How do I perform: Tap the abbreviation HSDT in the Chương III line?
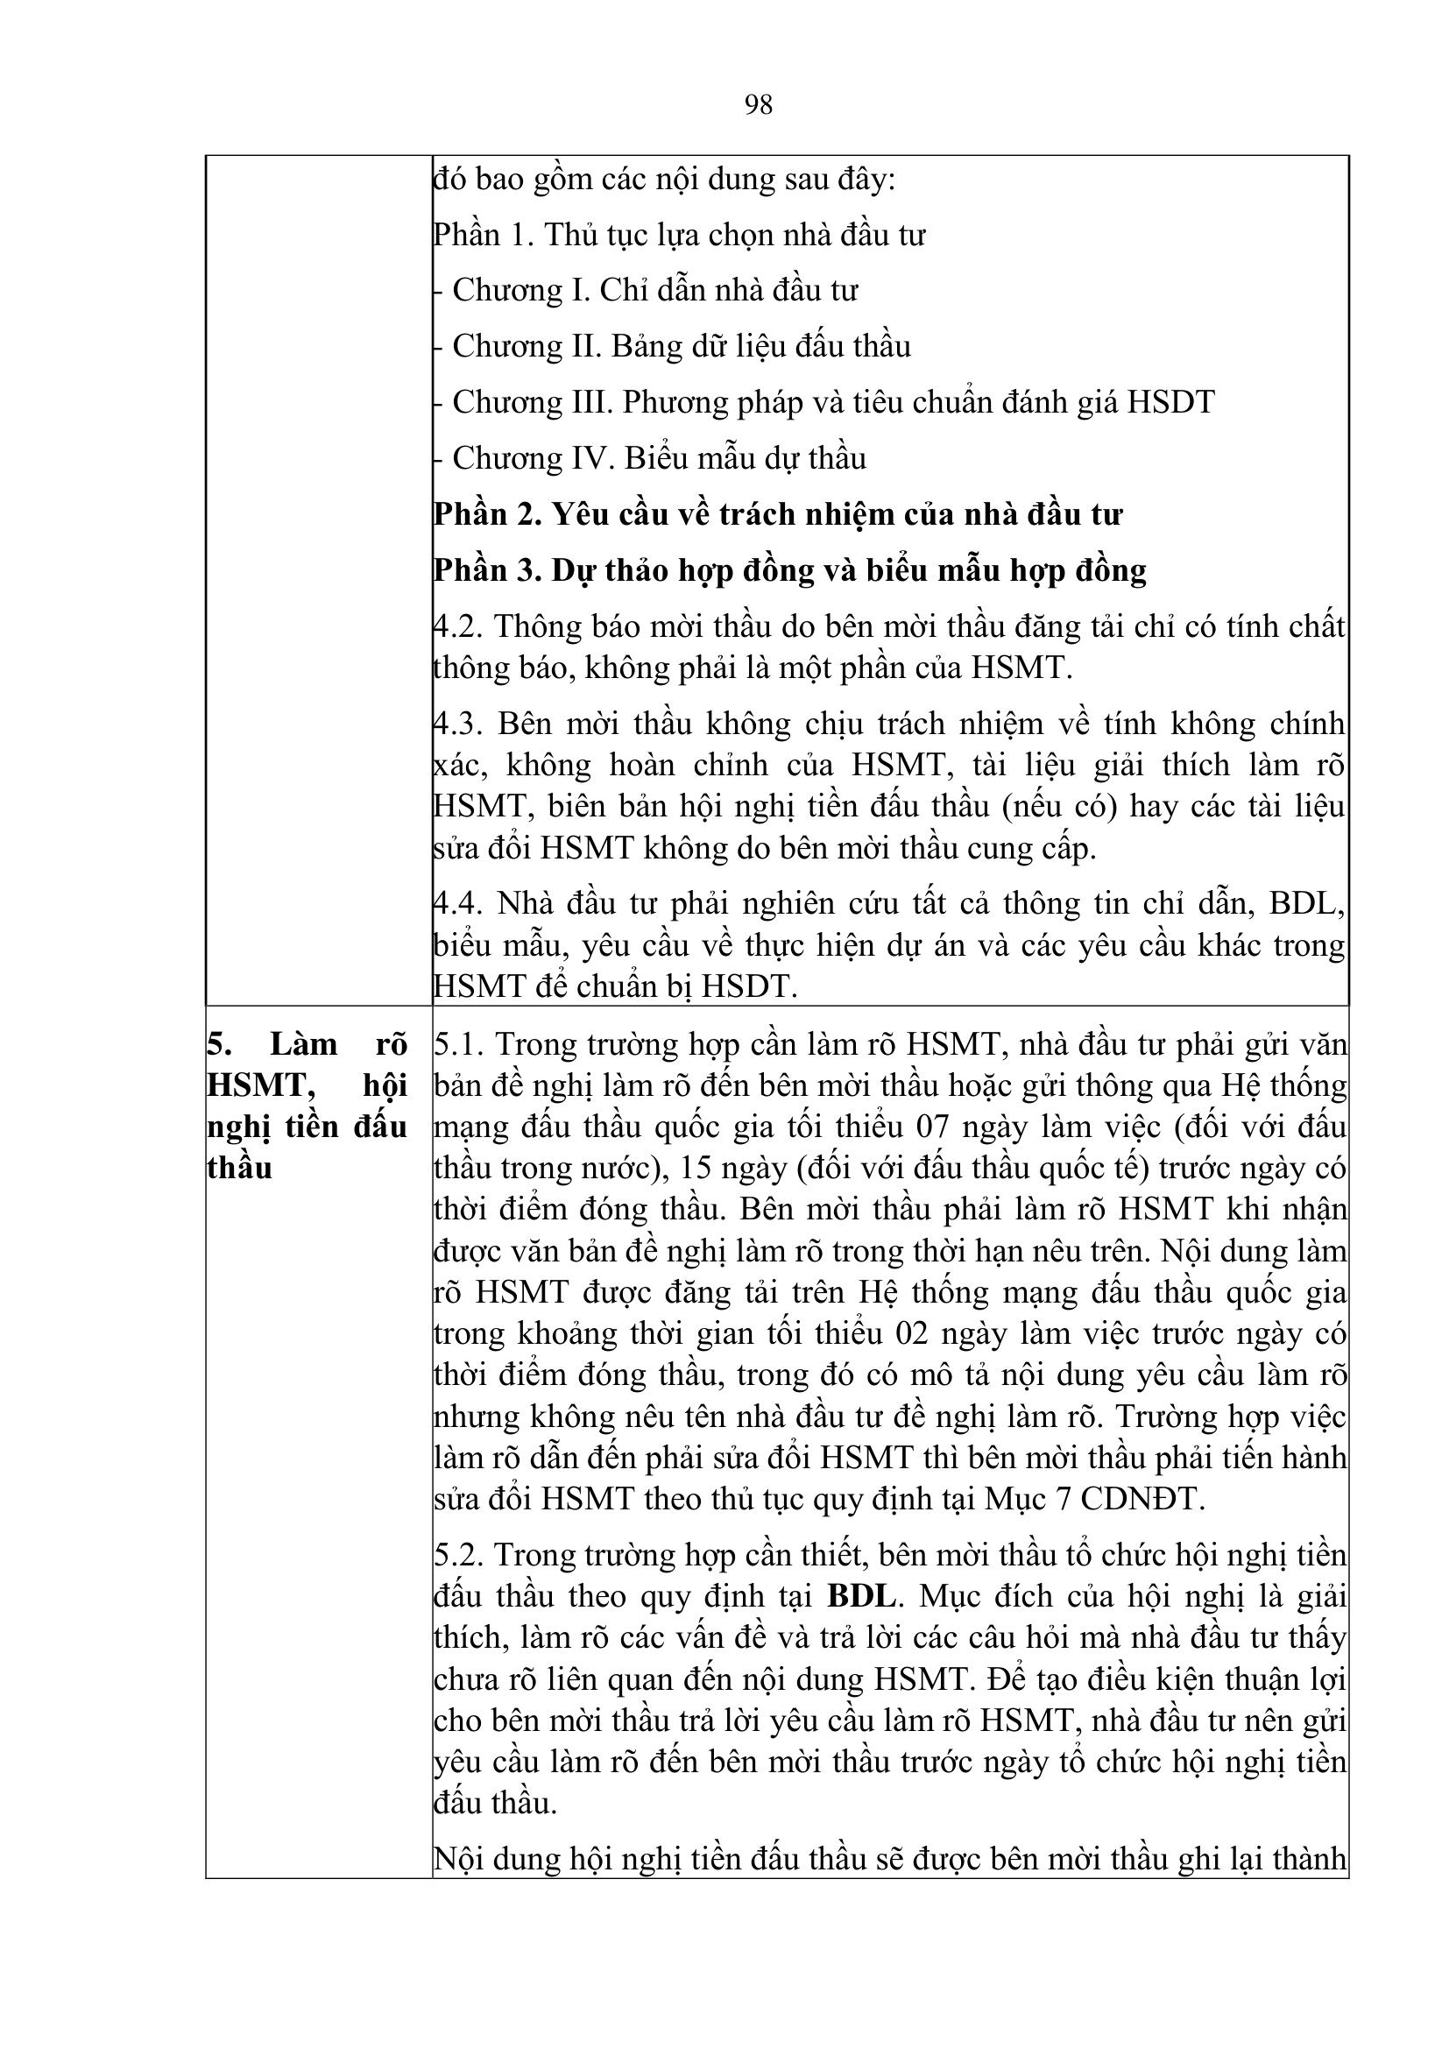pyautogui.click(x=1170, y=402)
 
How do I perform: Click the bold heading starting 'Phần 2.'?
pyautogui.click(x=777, y=514)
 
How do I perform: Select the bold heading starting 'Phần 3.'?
pyautogui.click(x=789, y=570)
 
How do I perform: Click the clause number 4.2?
pyautogui.click(x=456, y=626)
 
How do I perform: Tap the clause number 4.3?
pyautogui.click(x=456, y=724)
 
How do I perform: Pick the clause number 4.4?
pyautogui.click(x=456, y=904)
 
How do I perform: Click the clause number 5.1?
pyautogui.click(x=457, y=1044)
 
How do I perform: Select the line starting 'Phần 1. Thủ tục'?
pyautogui.click(x=679, y=235)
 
